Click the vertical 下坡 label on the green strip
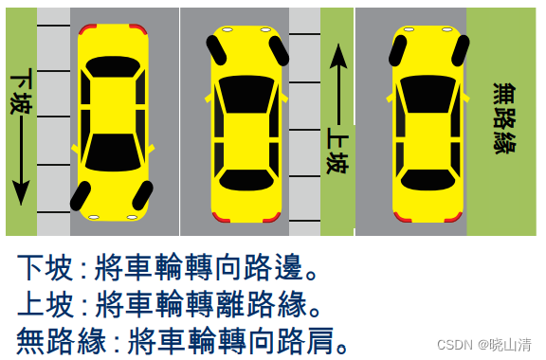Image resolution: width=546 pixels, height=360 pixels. (x=21, y=91)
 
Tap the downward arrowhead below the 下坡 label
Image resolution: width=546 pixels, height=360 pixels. (x=21, y=192)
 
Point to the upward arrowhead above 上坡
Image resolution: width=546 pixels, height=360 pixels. (x=338, y=56)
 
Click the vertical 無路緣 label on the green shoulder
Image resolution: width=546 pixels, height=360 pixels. (x=504, y=118)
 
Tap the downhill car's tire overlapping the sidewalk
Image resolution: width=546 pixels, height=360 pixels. (x=81, y=196)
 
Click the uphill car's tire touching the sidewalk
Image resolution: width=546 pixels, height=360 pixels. (x=279, y=51)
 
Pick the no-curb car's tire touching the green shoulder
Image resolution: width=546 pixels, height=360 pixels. (x=461, y=51)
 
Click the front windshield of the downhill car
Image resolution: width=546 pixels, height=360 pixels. (x=113, y=153)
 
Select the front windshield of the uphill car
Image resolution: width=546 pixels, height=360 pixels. (x=246, y=94)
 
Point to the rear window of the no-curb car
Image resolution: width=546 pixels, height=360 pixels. (x=428, y=180)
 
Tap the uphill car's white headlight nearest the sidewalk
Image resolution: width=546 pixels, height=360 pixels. (x=265, y=30)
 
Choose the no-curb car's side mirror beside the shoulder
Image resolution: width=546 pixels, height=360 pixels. (x=466, y=98)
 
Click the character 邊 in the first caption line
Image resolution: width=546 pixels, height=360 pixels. (x=288, y=267)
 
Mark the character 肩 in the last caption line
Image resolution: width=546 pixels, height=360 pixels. (x=319, y=340)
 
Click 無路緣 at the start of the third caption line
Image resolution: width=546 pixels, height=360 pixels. (x=62, y=340)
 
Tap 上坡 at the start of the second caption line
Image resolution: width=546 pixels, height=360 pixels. (x=45, y=304)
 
